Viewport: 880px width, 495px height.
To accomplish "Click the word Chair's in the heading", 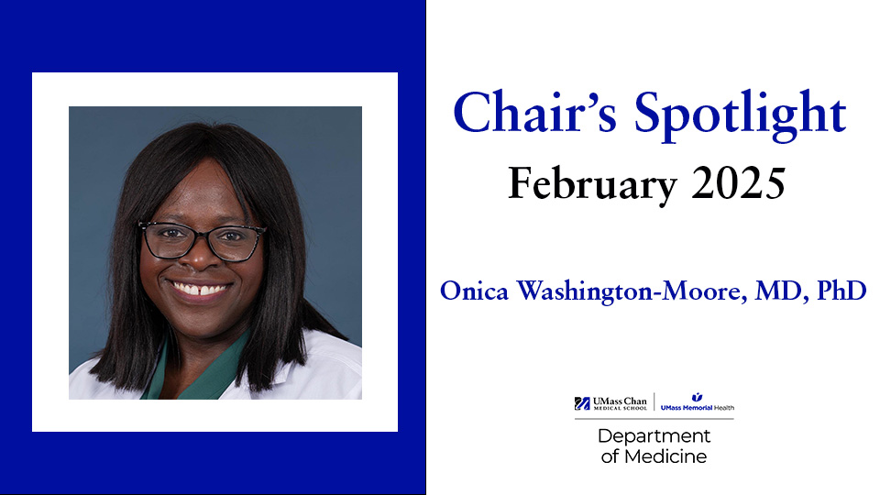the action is point(534,112).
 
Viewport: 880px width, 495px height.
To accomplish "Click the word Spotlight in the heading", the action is point(741,115).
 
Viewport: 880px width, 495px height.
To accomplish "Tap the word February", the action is point(592,184).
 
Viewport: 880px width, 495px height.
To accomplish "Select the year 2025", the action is point(738,183).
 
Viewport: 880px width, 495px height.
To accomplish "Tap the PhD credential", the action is point(841,291).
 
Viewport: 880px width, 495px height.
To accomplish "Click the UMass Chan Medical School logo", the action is point(610,403).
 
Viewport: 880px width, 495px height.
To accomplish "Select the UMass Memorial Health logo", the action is point(697,402).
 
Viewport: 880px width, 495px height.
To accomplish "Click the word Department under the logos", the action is point(654,436).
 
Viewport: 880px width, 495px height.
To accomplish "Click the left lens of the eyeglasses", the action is point(170,241).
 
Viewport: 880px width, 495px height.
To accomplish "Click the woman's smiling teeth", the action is point(200,290).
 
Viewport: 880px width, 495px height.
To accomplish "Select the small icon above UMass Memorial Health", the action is point(697,397).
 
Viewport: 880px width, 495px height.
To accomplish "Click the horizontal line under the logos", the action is point(654,419).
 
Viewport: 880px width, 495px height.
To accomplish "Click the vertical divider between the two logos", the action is point(654,401).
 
